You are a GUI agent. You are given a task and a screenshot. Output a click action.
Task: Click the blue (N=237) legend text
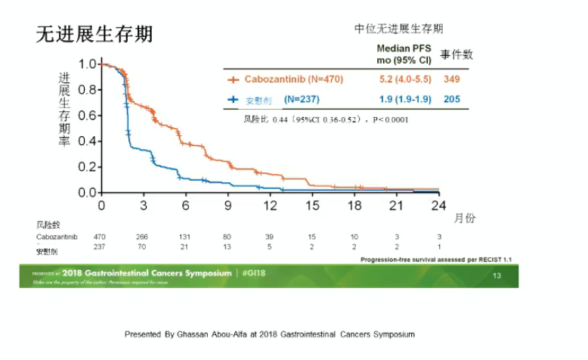tap(302, 99)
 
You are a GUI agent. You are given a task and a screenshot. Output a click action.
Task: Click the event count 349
tap(453, 79)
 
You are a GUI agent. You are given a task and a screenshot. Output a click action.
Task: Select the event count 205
tap(453, 99)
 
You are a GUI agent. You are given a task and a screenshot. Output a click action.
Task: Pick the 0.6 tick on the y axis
tap(87, 116)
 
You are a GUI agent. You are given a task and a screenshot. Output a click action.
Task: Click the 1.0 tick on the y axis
tap(87, 64)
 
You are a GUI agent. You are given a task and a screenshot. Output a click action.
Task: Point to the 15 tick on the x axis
tap(312, 205)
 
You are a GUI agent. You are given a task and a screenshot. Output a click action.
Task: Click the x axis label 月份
tap(466, 218)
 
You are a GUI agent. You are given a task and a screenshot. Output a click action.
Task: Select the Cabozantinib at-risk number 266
tap(142, 237)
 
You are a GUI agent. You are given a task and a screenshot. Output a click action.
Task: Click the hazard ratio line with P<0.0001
tap(326, 119)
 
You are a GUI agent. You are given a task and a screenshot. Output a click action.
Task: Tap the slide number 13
tap(497, 275)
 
